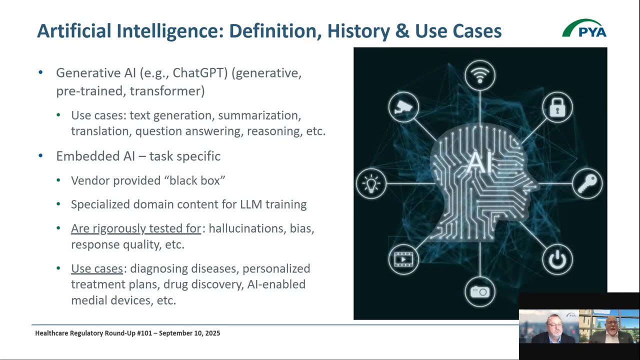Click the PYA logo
(584, 28)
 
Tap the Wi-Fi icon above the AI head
(480, 75)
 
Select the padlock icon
(557, 107)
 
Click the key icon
(587, 183)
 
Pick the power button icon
(557, 259)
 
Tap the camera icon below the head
(480, 291)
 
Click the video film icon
(403, 259)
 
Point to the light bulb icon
(371, 183)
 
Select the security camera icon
(403, 107)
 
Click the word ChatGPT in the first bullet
(200, 73)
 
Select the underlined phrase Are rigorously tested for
(135, 228)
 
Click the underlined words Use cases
(96, 268)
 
